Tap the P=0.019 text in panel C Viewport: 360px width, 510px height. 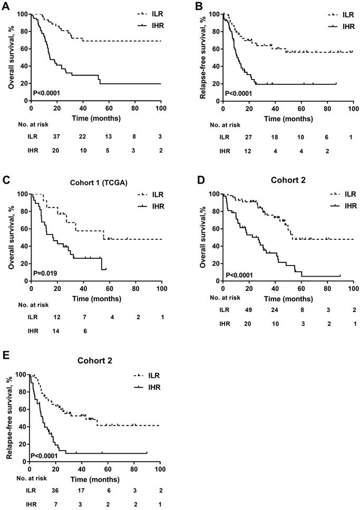[46, 274]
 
